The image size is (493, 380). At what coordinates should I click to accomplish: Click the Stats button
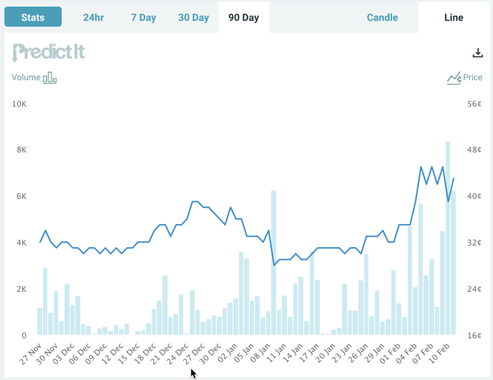tap(33, 17)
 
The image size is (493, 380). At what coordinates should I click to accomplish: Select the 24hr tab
tap(94, 17)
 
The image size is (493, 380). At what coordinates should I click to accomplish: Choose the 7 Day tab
tap(143, 17)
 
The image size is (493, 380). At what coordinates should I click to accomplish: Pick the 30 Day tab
tap(193, 17)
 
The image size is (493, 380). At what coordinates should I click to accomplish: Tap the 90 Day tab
tap(243, 17)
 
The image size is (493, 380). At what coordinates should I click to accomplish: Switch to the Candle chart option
tap(382, 17)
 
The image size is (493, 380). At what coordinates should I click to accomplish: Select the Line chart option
tap(454, 17)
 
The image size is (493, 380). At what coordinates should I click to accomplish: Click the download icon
tap(477, 53)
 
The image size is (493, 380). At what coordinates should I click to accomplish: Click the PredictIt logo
tap(49, 52)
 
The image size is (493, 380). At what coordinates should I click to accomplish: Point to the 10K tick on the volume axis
tap(19, 104)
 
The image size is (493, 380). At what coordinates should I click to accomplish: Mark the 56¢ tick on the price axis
tap(474, 104)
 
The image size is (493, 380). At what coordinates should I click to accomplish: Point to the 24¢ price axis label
tap(474, 289)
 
